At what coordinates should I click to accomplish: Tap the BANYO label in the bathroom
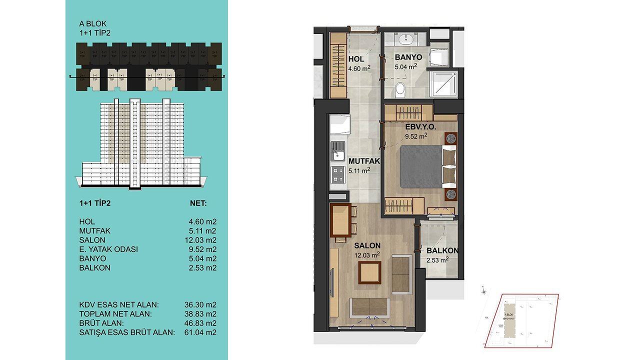point(409,57)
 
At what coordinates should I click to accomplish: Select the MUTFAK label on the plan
point(364,161)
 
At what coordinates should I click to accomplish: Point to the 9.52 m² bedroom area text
point(416,135)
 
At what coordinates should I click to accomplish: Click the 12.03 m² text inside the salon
point(367,254)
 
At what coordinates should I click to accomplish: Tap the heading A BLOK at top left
point(93,23)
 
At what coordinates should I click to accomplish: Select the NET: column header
point(198,204)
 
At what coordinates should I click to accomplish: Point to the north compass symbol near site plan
point(483,290)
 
